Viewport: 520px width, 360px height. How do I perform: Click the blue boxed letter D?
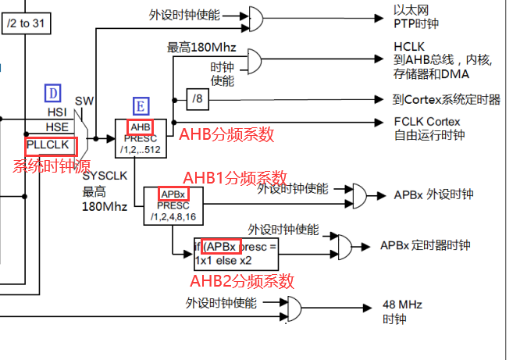[53, 94]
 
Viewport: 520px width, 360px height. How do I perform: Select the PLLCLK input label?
[50, 146]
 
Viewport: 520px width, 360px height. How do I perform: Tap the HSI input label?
[57, 112]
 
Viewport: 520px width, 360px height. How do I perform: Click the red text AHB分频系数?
[226, 134]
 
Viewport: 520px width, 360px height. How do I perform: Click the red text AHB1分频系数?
[235, 177]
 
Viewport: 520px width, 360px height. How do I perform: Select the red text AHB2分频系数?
[242, 280]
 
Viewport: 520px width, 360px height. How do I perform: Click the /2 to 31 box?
[25, 23]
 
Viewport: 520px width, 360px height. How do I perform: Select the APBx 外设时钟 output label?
[427, 194]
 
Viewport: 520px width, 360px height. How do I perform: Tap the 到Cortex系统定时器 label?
[447, 99]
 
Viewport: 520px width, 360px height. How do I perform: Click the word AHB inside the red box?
[140, 127]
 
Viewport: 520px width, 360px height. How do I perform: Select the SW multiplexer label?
[84, 102]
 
